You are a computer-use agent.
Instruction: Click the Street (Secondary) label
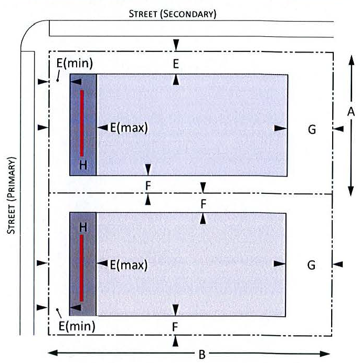[172, 14]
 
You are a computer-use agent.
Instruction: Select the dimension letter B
[201, 354]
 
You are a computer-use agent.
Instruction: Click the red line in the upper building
[82, 123]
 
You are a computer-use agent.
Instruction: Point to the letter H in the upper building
[83, 165]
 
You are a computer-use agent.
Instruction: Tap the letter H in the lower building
[83, 227]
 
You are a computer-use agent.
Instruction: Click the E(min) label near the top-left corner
[75, 64]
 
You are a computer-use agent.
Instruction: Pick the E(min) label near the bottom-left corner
[77, 326]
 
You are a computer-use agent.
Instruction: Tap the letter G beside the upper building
[312, 129]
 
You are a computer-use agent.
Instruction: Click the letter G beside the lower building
[311, 265]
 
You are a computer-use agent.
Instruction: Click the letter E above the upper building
[176, 64]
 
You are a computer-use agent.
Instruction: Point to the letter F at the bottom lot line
[176, 326]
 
